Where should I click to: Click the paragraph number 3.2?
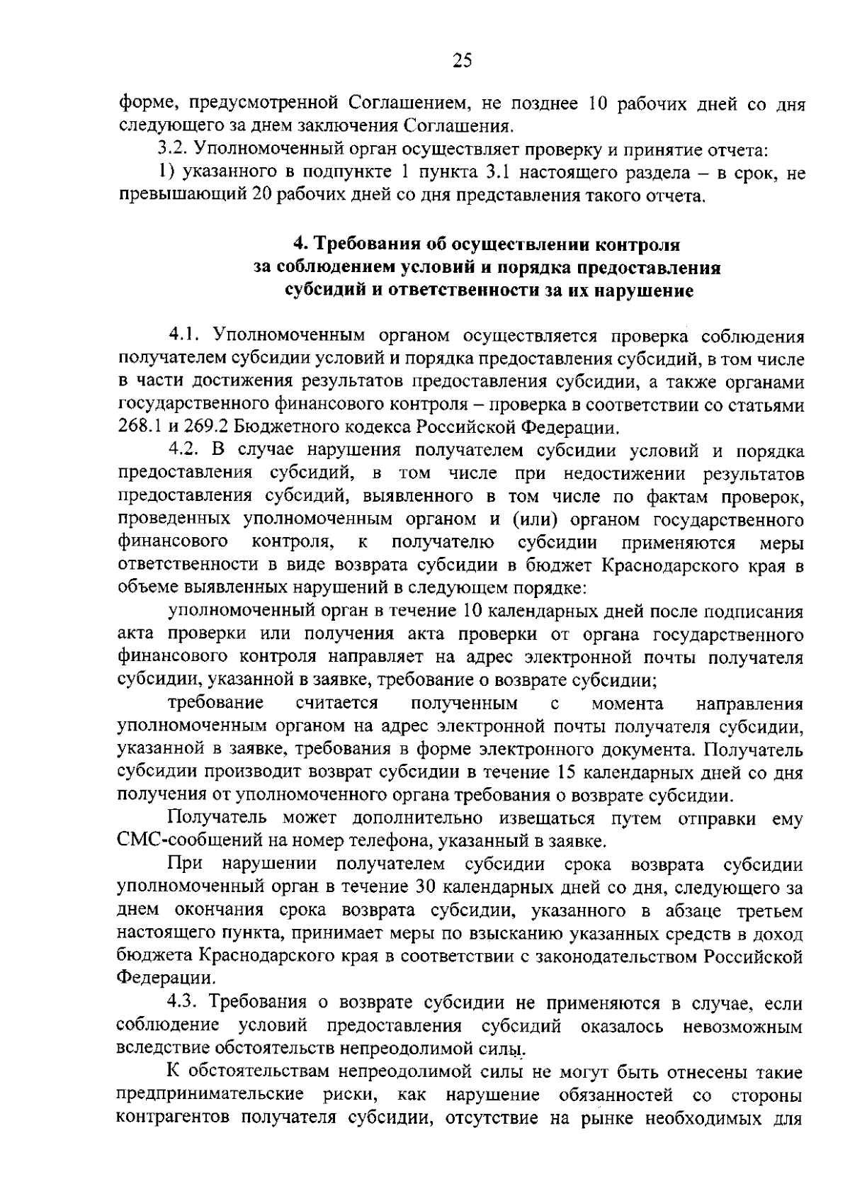(171, 150)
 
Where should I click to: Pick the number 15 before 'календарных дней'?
(567, 772)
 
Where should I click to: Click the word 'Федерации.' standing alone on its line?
(154, 979)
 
